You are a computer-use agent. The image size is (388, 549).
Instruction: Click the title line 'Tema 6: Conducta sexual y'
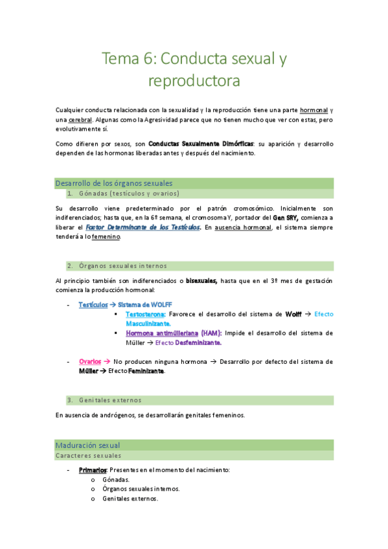pos(194,60)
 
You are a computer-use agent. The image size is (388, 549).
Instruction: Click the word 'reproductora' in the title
pos(194,81)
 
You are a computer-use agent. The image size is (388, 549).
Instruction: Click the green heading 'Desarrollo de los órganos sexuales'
pos(114,183)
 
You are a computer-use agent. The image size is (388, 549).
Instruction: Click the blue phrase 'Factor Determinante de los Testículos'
pos(143,227)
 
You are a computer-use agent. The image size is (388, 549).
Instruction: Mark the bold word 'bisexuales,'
pos(201,280)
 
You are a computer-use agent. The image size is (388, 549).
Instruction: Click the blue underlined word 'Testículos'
pos(93,304)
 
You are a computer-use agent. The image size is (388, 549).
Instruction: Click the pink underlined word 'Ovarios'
pos(89,362)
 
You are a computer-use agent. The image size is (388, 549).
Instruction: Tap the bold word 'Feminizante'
pos(146,372)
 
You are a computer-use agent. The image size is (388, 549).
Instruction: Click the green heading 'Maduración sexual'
pos(87,445)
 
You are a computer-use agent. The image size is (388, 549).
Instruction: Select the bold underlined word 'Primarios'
pos(93,470)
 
